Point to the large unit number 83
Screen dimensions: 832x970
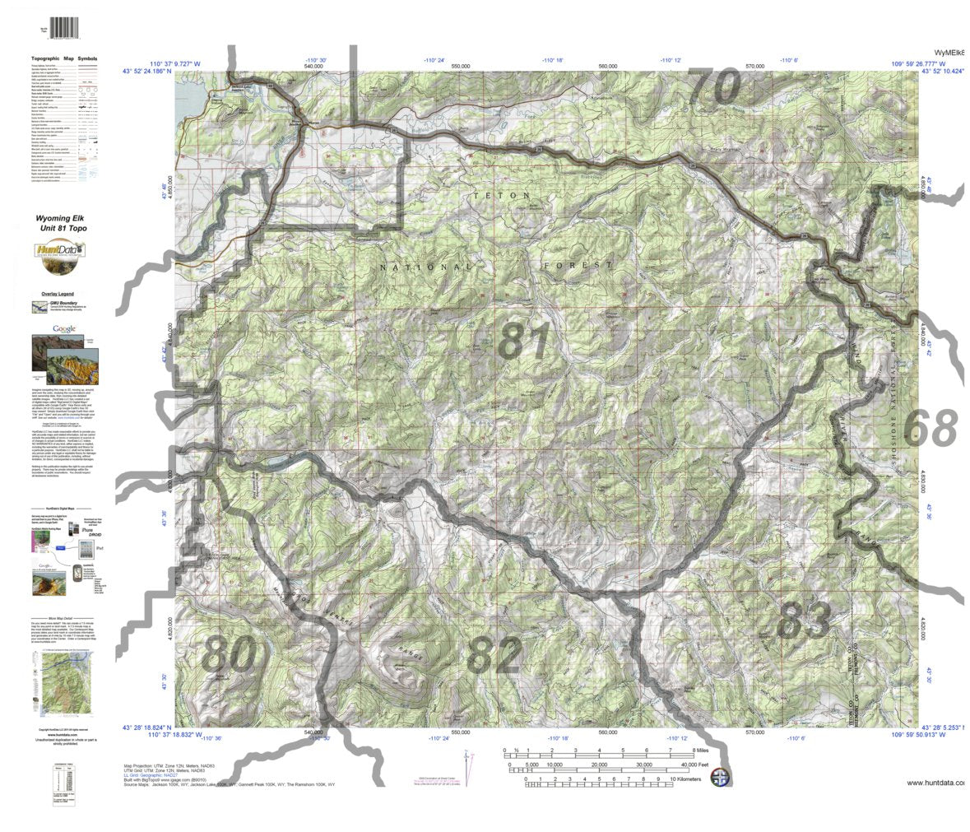click(803, 620)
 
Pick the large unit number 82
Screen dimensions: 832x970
click(494, 655)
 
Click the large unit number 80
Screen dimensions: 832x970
click(228, 655)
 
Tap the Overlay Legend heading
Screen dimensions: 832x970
click(55, 294)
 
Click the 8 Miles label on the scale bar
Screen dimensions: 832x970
click(699, 751)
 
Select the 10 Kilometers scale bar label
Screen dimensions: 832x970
click(691, 778)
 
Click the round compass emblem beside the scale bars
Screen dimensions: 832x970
click(720, 777)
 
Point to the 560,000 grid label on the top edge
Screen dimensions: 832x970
click(608, 66)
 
